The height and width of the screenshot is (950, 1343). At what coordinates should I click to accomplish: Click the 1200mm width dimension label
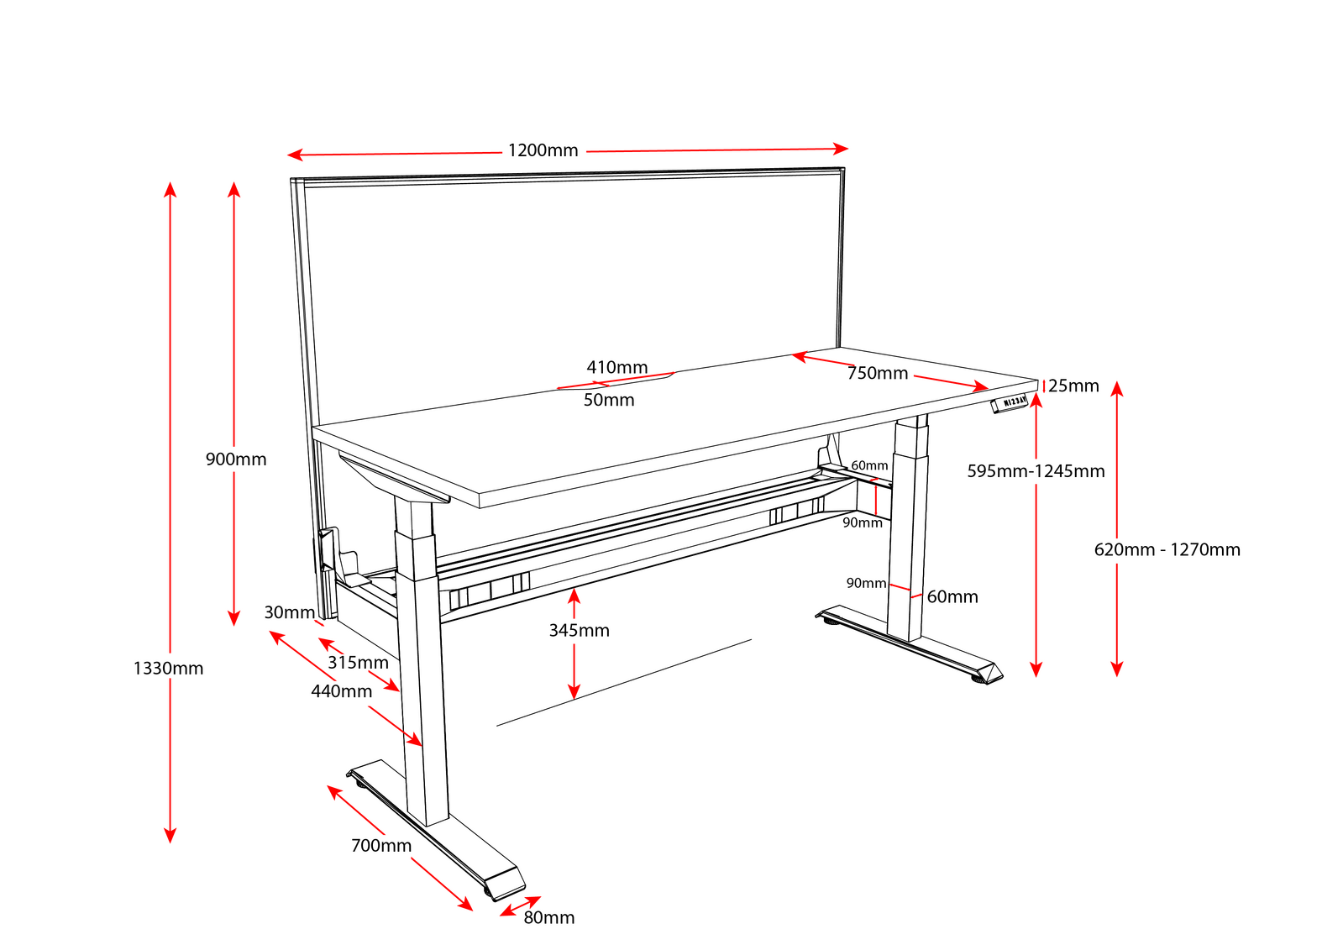click(x=543, y=150)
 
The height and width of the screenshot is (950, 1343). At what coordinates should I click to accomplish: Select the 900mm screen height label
click(x=236, y=459)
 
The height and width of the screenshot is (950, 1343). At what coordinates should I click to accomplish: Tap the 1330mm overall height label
click(x=168, y=669)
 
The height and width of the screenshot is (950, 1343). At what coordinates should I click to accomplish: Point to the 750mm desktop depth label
click(x=877, y=373)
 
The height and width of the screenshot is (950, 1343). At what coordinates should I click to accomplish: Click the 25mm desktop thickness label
click(x=1073, y=386)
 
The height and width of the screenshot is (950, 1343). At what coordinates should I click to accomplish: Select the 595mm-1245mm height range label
click(x=1035, y=471)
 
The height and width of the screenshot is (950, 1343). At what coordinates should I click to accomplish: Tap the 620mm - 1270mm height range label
click(x=1166, y=550)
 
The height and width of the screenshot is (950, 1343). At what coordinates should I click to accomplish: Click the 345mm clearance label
click(x=579, y=631)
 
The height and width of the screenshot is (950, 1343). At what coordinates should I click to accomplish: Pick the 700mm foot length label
click(x=380, y=846)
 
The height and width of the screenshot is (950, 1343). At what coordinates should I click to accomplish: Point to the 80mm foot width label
click(x=548, y=918)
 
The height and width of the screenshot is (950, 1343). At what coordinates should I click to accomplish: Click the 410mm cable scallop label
click(x=616, y=368)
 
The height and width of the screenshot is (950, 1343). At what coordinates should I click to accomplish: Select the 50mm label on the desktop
click(x=608, y=401)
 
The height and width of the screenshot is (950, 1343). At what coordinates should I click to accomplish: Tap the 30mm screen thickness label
click(x=289, y=613)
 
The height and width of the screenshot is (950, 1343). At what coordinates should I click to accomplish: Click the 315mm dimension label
click(x=358, y=663)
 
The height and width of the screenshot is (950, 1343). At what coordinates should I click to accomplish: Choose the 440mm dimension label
click(x=341, y=691)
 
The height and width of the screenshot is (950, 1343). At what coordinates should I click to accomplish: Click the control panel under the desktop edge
click(x=1010, y=403)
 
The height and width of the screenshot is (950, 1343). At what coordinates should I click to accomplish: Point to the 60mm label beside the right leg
click(x=952, y=597)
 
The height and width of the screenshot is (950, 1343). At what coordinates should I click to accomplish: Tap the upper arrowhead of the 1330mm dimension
click(x=170, y=187)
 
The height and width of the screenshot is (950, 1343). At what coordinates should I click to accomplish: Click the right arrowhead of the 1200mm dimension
click(x=842, y=149)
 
